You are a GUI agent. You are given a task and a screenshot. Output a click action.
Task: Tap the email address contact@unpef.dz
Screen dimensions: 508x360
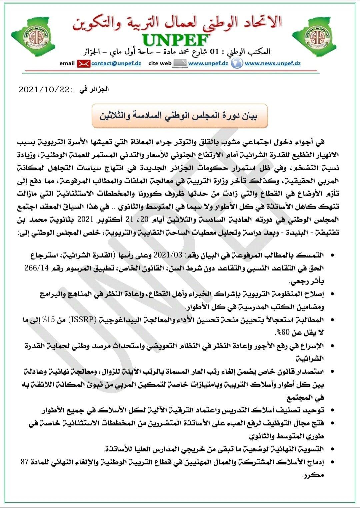(x=116, y=63)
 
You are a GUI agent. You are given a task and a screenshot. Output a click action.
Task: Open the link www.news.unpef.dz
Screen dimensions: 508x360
(x=273, y=63)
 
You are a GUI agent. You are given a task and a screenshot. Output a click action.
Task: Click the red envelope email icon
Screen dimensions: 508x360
(x=83, y=63)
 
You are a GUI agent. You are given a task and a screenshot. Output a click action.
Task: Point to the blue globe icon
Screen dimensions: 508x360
(x=237, y=63)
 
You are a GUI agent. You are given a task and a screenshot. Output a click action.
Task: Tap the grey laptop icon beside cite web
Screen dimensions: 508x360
(x=180, y=63)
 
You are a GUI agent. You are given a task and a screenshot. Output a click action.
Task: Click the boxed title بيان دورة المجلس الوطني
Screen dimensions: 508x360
(x=180, y=116)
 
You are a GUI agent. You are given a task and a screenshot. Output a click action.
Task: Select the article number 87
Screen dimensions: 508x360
(x=25, y=462)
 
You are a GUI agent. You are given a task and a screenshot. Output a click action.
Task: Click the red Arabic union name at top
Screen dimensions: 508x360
(x=177, y=23)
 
